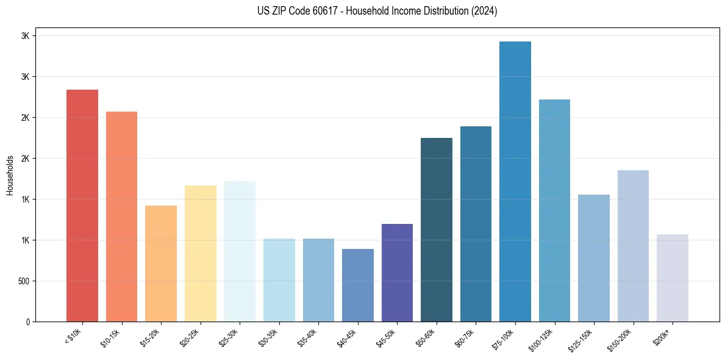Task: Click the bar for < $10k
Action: (82, 206)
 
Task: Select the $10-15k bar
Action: (121, 217)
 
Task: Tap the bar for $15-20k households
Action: (161, 264)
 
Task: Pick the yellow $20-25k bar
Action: (201, 253)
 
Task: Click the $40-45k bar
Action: (358, 285)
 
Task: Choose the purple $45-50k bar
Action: (397, 273)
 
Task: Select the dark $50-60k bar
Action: (437, 229)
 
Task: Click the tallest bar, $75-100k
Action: (515, 181)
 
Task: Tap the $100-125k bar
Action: (554, 211)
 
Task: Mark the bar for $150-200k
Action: (633, 246)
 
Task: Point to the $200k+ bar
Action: (673, 278)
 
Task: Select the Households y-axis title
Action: (10, 175)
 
